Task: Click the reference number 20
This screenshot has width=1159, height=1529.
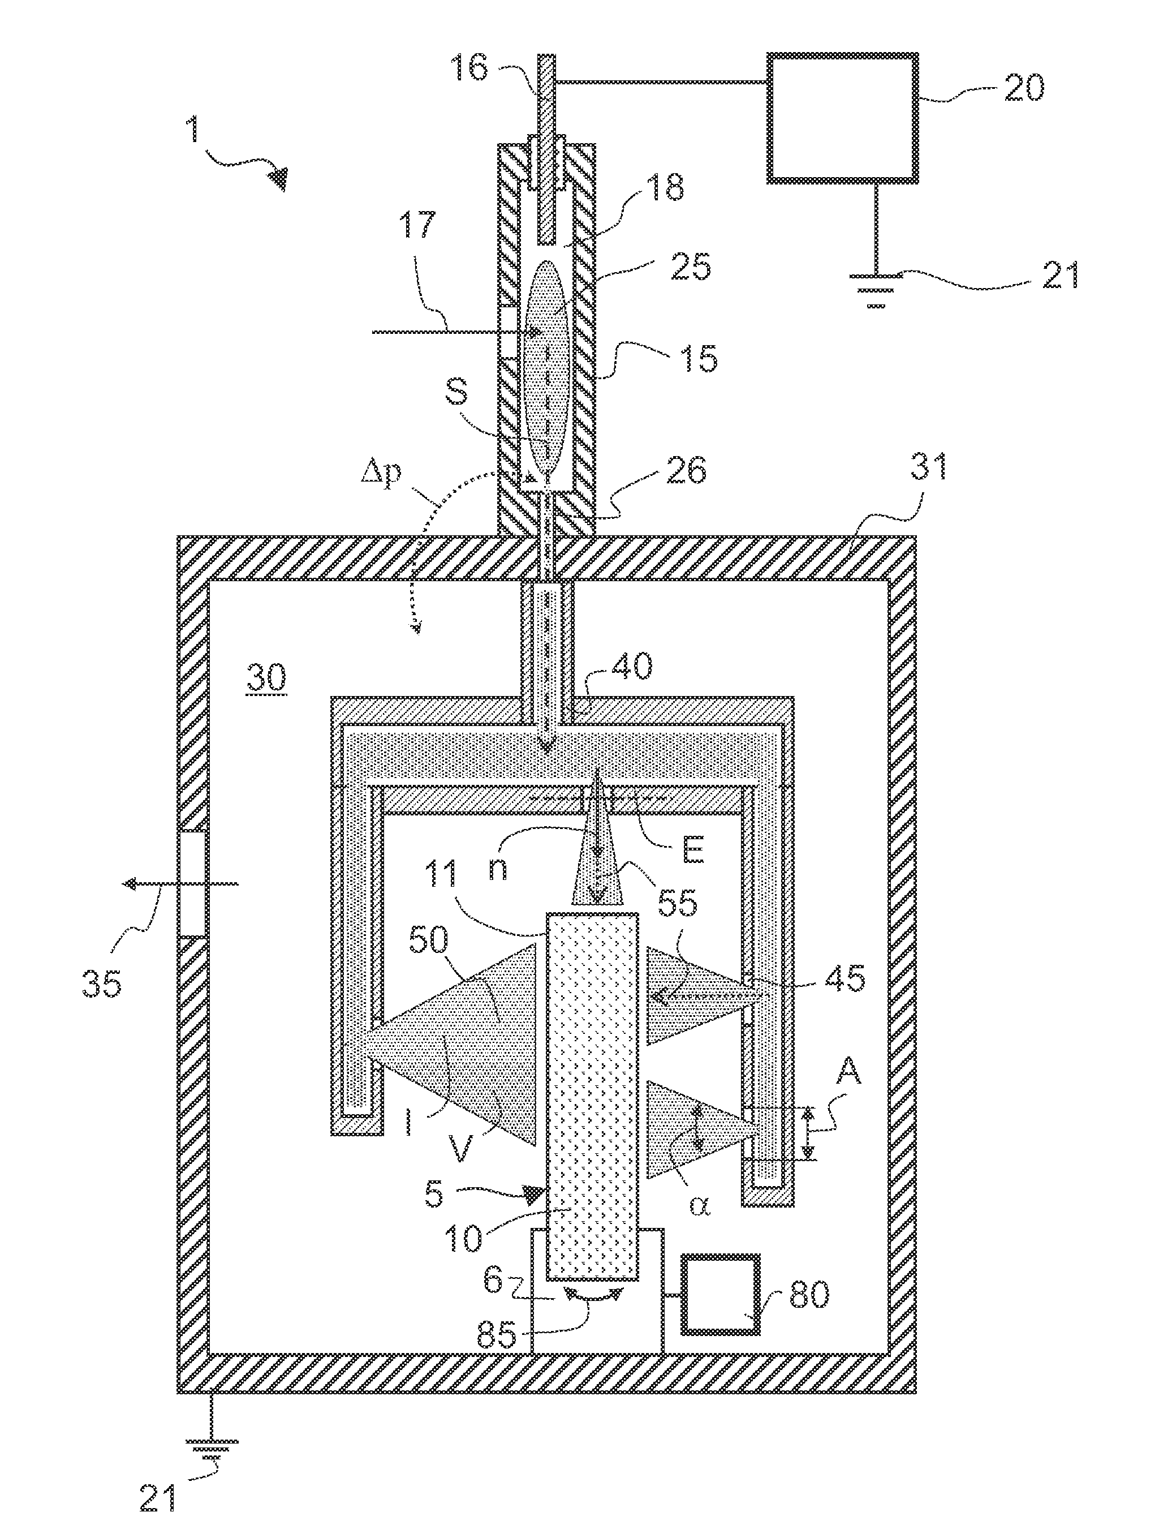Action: coord(1024,88)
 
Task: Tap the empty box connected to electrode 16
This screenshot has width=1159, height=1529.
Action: coord(842,118)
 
